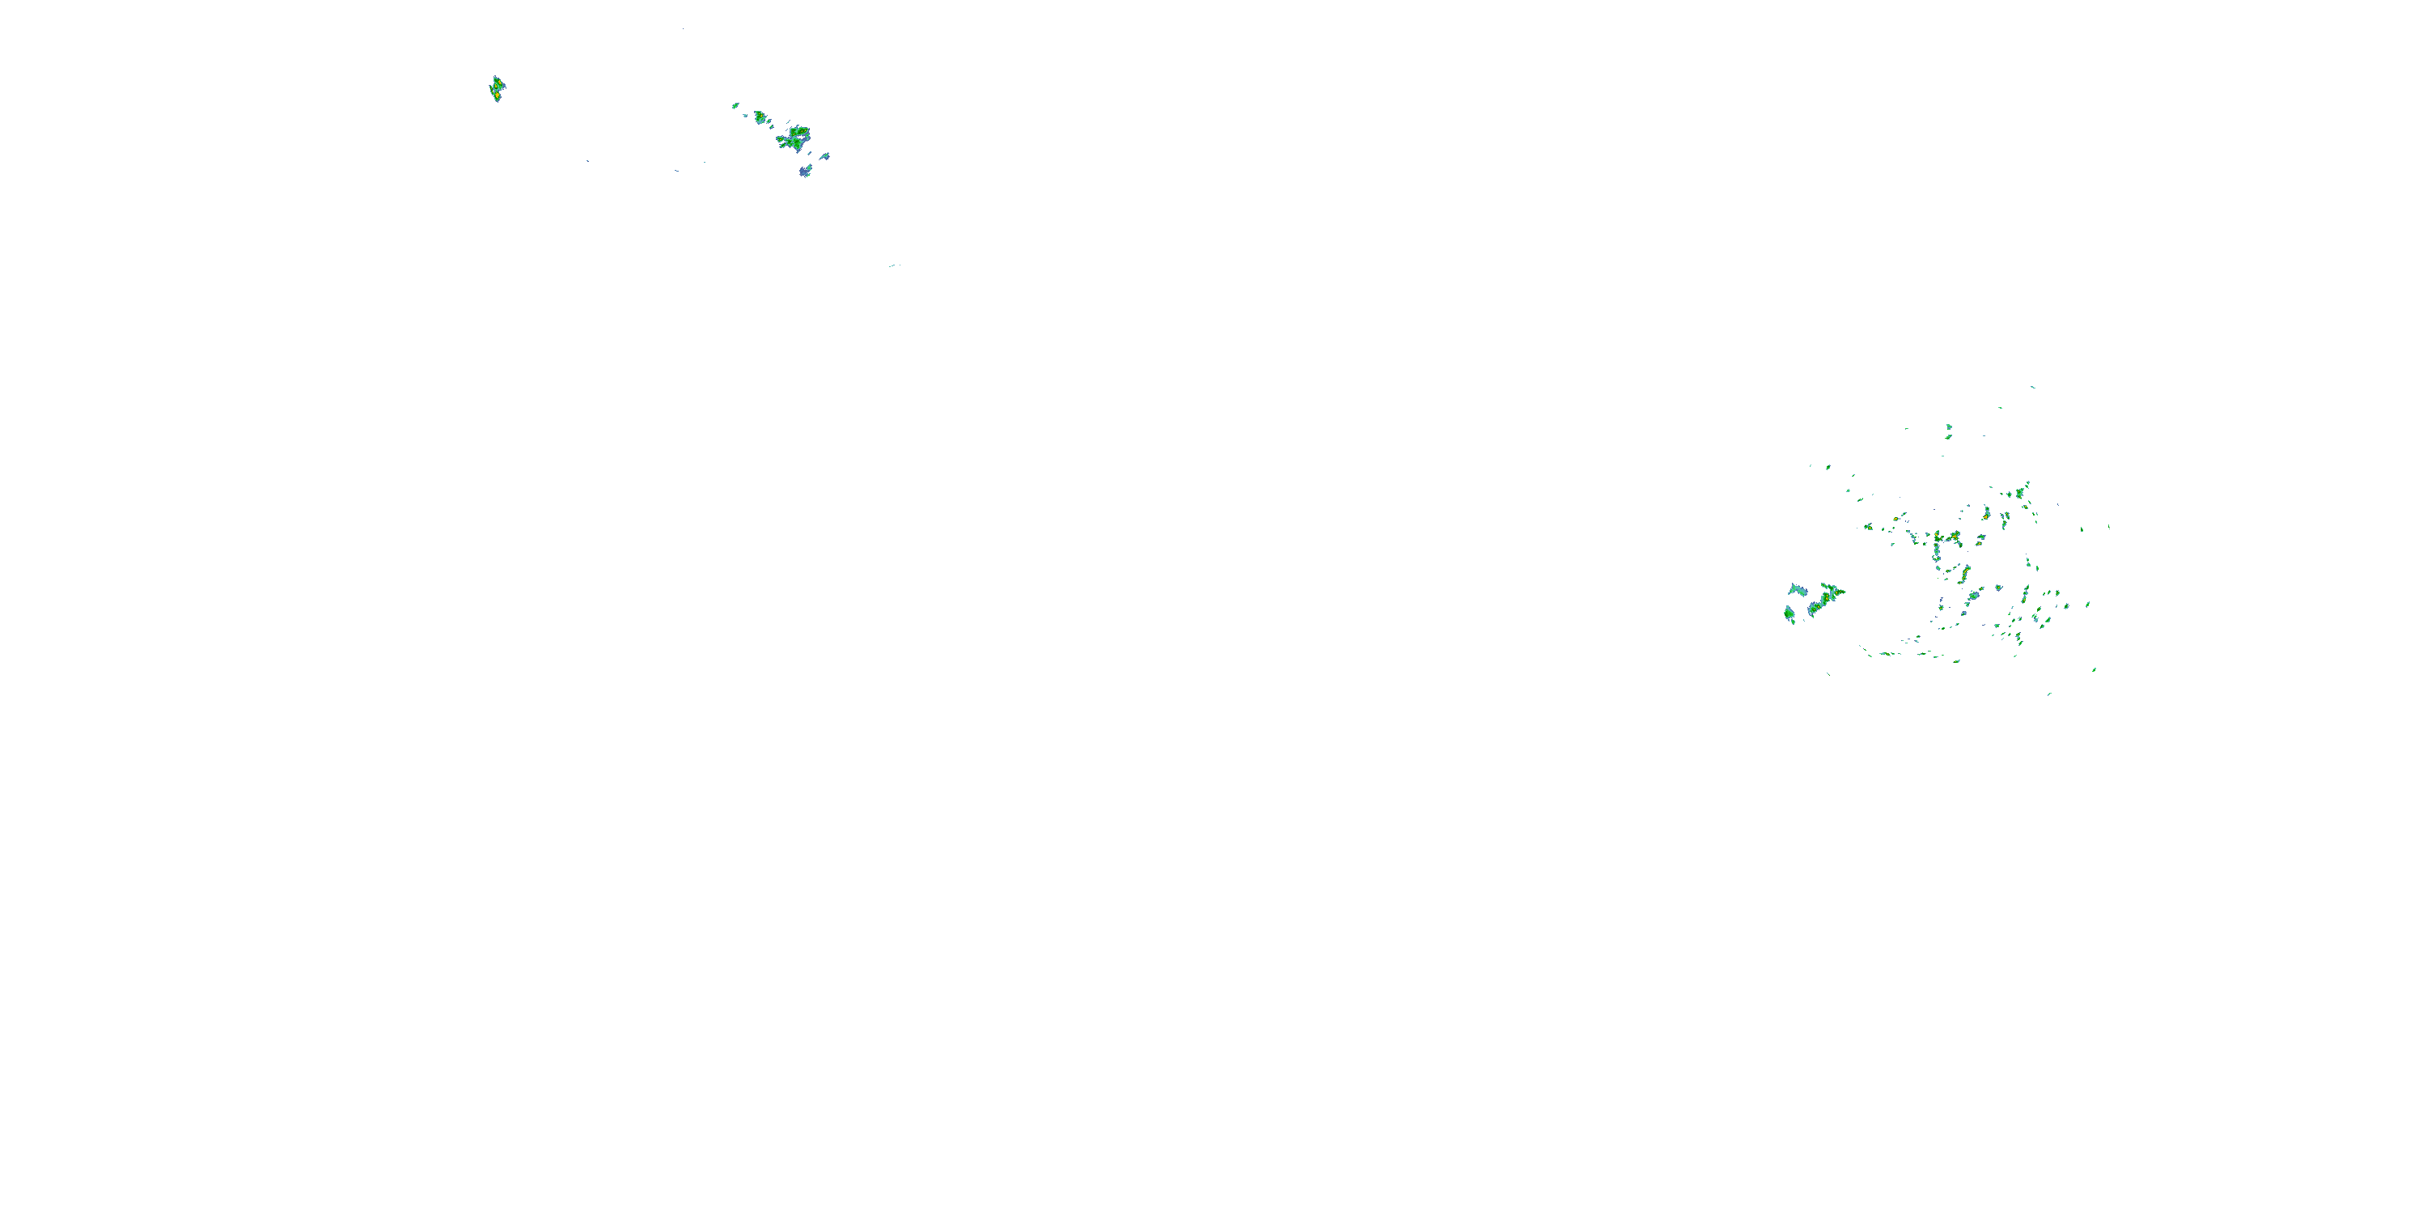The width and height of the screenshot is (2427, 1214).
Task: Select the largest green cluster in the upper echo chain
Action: (x=794, y=138)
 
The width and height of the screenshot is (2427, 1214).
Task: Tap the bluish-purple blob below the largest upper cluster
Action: (x=805, y=171)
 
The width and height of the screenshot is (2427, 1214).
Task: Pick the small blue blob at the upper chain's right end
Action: (x=824, y=155)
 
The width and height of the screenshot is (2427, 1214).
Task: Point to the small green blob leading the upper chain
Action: (x=735, y=104)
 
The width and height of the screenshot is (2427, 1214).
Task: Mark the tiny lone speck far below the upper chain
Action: (x=892, y=265)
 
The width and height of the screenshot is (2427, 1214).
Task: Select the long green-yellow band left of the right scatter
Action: (x=1825, y=600)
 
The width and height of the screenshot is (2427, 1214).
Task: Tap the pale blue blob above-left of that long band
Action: (x=1798, y=590)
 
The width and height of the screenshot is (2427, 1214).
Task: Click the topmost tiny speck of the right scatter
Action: (x=2032, y=386)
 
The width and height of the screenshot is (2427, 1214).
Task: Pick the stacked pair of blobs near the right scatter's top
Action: (x=1948, y=431)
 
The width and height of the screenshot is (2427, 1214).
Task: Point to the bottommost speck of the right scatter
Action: (x=2049, y=694)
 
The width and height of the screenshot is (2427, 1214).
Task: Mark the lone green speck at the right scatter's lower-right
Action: (x=2094, y=670)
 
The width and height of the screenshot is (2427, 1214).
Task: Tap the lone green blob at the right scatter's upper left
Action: (x=1828, y=466)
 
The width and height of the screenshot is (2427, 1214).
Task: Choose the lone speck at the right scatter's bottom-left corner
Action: (x=1828, y=673)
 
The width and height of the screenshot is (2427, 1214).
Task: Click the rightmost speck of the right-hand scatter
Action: (x=2108, y=526)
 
